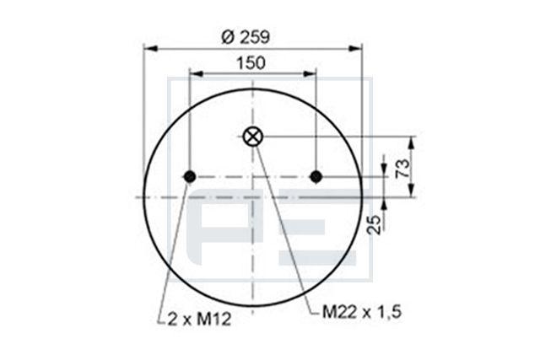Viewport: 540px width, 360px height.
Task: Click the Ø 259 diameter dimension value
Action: point(251,37)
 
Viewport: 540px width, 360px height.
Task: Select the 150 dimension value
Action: point(251,62)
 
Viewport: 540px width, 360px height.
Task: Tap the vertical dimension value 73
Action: point(402,167)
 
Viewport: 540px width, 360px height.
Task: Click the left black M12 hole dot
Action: point(189,176)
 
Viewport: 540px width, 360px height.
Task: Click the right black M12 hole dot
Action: point(316,176)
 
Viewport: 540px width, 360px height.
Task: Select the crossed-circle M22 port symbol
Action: point(252,137)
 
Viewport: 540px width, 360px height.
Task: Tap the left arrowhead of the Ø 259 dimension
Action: point(148,49)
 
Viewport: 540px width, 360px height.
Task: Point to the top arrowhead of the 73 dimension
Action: point(413,141)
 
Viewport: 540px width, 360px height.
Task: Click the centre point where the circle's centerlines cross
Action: point(252,197)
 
